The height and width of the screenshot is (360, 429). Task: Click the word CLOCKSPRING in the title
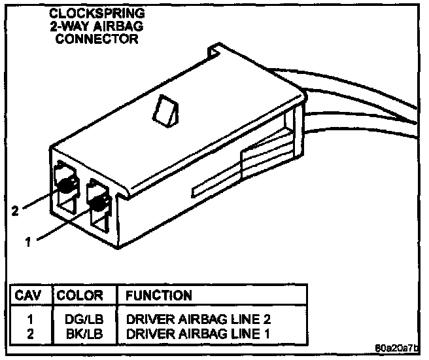point(97,12)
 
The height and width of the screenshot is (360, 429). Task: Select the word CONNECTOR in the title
point(97,39)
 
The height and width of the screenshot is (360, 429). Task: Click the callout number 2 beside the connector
point(15,211)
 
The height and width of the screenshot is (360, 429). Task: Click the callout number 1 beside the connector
point(28,242)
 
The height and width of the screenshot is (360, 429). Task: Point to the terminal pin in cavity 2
point(65,187)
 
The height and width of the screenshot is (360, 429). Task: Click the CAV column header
point(29,295)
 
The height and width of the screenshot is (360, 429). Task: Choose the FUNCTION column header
point(159,295)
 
